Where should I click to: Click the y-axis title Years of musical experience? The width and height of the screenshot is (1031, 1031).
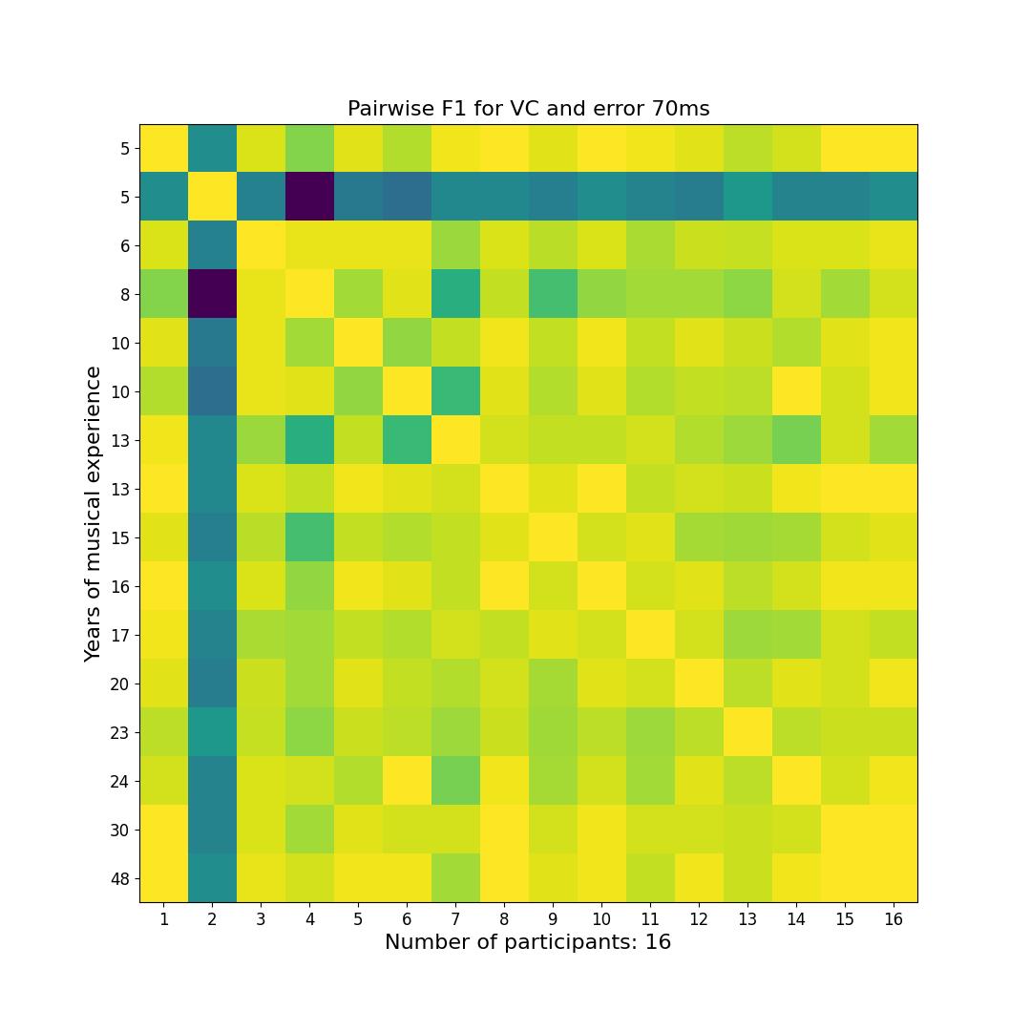[93, 514]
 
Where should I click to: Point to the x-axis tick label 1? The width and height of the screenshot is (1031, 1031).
[164, 919]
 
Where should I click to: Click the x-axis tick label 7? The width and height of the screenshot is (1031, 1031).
[455, 919]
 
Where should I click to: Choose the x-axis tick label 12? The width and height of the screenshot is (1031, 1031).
[699, 919]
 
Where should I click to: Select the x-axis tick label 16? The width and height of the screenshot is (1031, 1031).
[894, 919]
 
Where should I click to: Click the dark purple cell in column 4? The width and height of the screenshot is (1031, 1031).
[309, 197]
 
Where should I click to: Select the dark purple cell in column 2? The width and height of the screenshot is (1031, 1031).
[212, 294]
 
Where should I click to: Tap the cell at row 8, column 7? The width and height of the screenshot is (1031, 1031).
[455, 294]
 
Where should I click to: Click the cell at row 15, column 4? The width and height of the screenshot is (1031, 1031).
[309, 537]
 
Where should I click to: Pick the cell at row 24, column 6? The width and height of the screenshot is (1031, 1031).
[407, 781]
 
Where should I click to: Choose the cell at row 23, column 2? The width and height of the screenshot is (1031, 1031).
[212, 732]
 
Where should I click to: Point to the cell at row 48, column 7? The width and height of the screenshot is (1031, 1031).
[455, 878]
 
